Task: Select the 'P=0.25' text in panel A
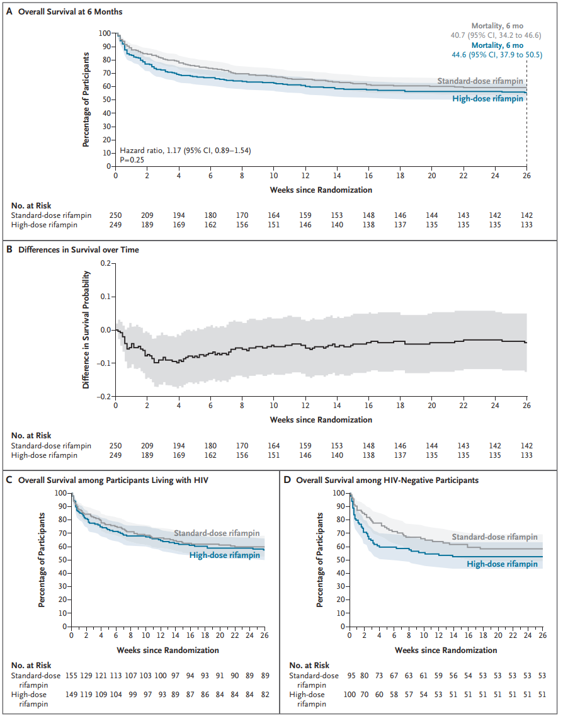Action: [x=133, y=161]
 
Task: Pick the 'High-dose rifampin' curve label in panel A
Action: [x=488, y=99]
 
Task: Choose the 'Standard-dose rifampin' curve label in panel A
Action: [x=481, y=81]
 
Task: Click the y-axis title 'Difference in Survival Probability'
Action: [x=87, y=329]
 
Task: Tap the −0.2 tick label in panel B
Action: [x=103, y=397]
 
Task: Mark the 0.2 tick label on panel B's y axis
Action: [x=105, y=263]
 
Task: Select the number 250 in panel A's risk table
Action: [x=116, y=215]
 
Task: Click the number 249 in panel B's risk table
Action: [x=116, y=455]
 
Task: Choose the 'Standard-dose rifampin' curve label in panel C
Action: [x=217, y=533]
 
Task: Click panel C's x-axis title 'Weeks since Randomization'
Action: [x=168, y=650]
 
